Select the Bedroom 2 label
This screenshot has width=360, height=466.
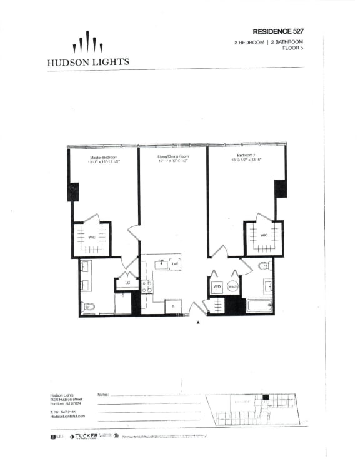pyautogui.click(x=245, y=155)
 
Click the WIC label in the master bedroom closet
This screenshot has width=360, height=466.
pyautogui.click(x=91, y=238)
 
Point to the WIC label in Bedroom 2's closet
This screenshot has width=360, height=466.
pyautogui.click(x=264, y=236)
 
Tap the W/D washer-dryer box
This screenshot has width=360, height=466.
pyautogui.click(x=217, y=287)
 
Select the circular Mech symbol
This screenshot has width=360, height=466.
pyautogui.click(x=232, y=287)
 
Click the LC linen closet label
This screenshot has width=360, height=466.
pyautogui.click(x=127, y=283)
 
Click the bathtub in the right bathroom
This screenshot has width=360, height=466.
pyautogui.click(x=257, y=305)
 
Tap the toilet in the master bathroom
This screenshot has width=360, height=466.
pyautogui.click(x=87, y=306)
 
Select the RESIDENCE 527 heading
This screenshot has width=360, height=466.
pyautogui.click(x=278, y=31)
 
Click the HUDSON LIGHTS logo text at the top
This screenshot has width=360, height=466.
pyautogui.click(x=88, y=62)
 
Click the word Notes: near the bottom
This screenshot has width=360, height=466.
pyautogui.click(x=104, y=395)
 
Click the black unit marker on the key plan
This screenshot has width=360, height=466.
pyautogui.click(x=265, y=398)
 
